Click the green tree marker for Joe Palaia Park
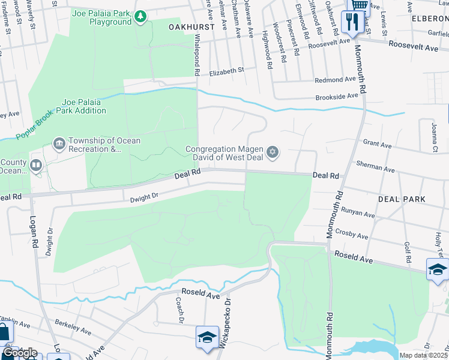140,16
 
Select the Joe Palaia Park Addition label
82,106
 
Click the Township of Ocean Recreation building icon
59,143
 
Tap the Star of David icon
273,152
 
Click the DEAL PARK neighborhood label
402,199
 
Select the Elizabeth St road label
227,70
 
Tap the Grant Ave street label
377,144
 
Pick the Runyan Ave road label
358,214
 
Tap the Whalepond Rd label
196,54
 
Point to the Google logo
20,353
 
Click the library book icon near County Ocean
36,165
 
